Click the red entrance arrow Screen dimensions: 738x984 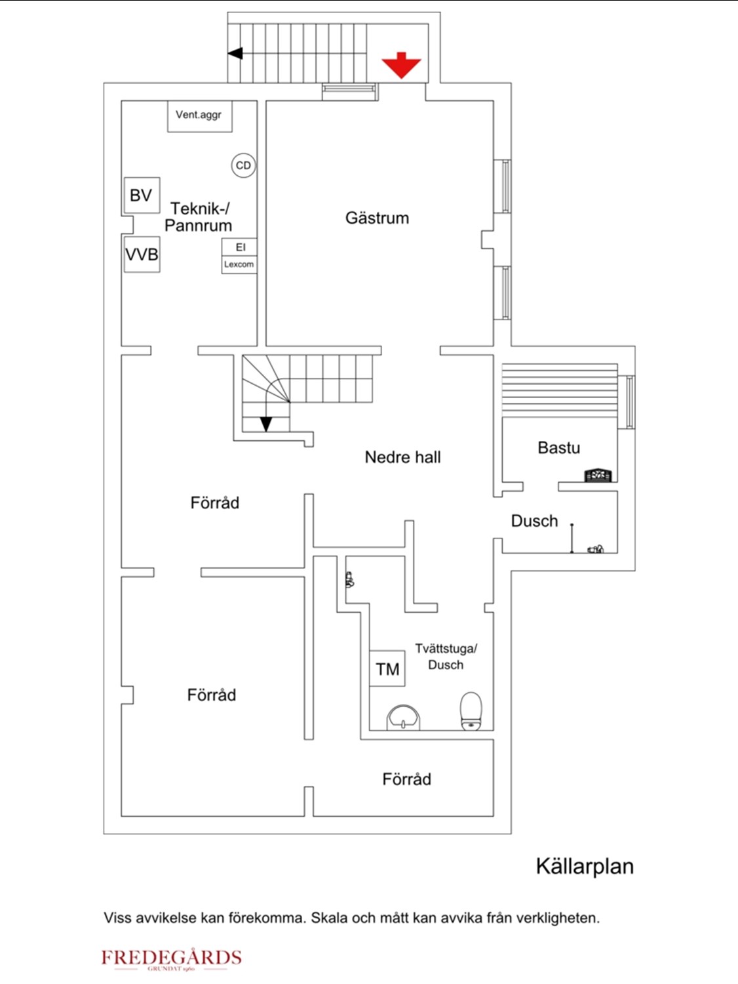pyautogui.click(x=401, y=65)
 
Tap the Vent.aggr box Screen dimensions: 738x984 pyautogui.click(x=200, y=116)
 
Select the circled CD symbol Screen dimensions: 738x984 pyautogui.click(x=243, y=165)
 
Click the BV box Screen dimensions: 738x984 pyautogui.click(x=142, y=195)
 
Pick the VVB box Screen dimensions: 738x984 pyautogui.click(x=142, y=254)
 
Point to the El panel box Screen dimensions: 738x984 pyautogui.click(x=240, y=247)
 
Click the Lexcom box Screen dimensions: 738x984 pyautogui.click(x=240, y=264)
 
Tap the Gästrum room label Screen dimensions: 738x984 pyautogui.click(x=377, y=218)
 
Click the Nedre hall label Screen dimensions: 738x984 pyautogui.click(x=402, y=457)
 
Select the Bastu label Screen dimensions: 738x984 pyautogui.click(x=559, y=447)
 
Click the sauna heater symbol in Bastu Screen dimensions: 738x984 pyautogui.click(x=598, y=475)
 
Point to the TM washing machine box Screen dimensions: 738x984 pyautogui.click(x=387, y=668)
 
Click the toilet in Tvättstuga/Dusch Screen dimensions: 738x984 pyautogui.click(x=471, y=711)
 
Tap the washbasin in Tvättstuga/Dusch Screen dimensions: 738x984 pyautogui.click(x=404, y=717)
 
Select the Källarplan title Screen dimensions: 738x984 pyautogui.click(x=585, y=866)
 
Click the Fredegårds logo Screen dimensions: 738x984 pyautogui.click(x=172, y=960)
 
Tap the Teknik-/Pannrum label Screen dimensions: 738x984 pyautogui.click(x=199, y=217)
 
